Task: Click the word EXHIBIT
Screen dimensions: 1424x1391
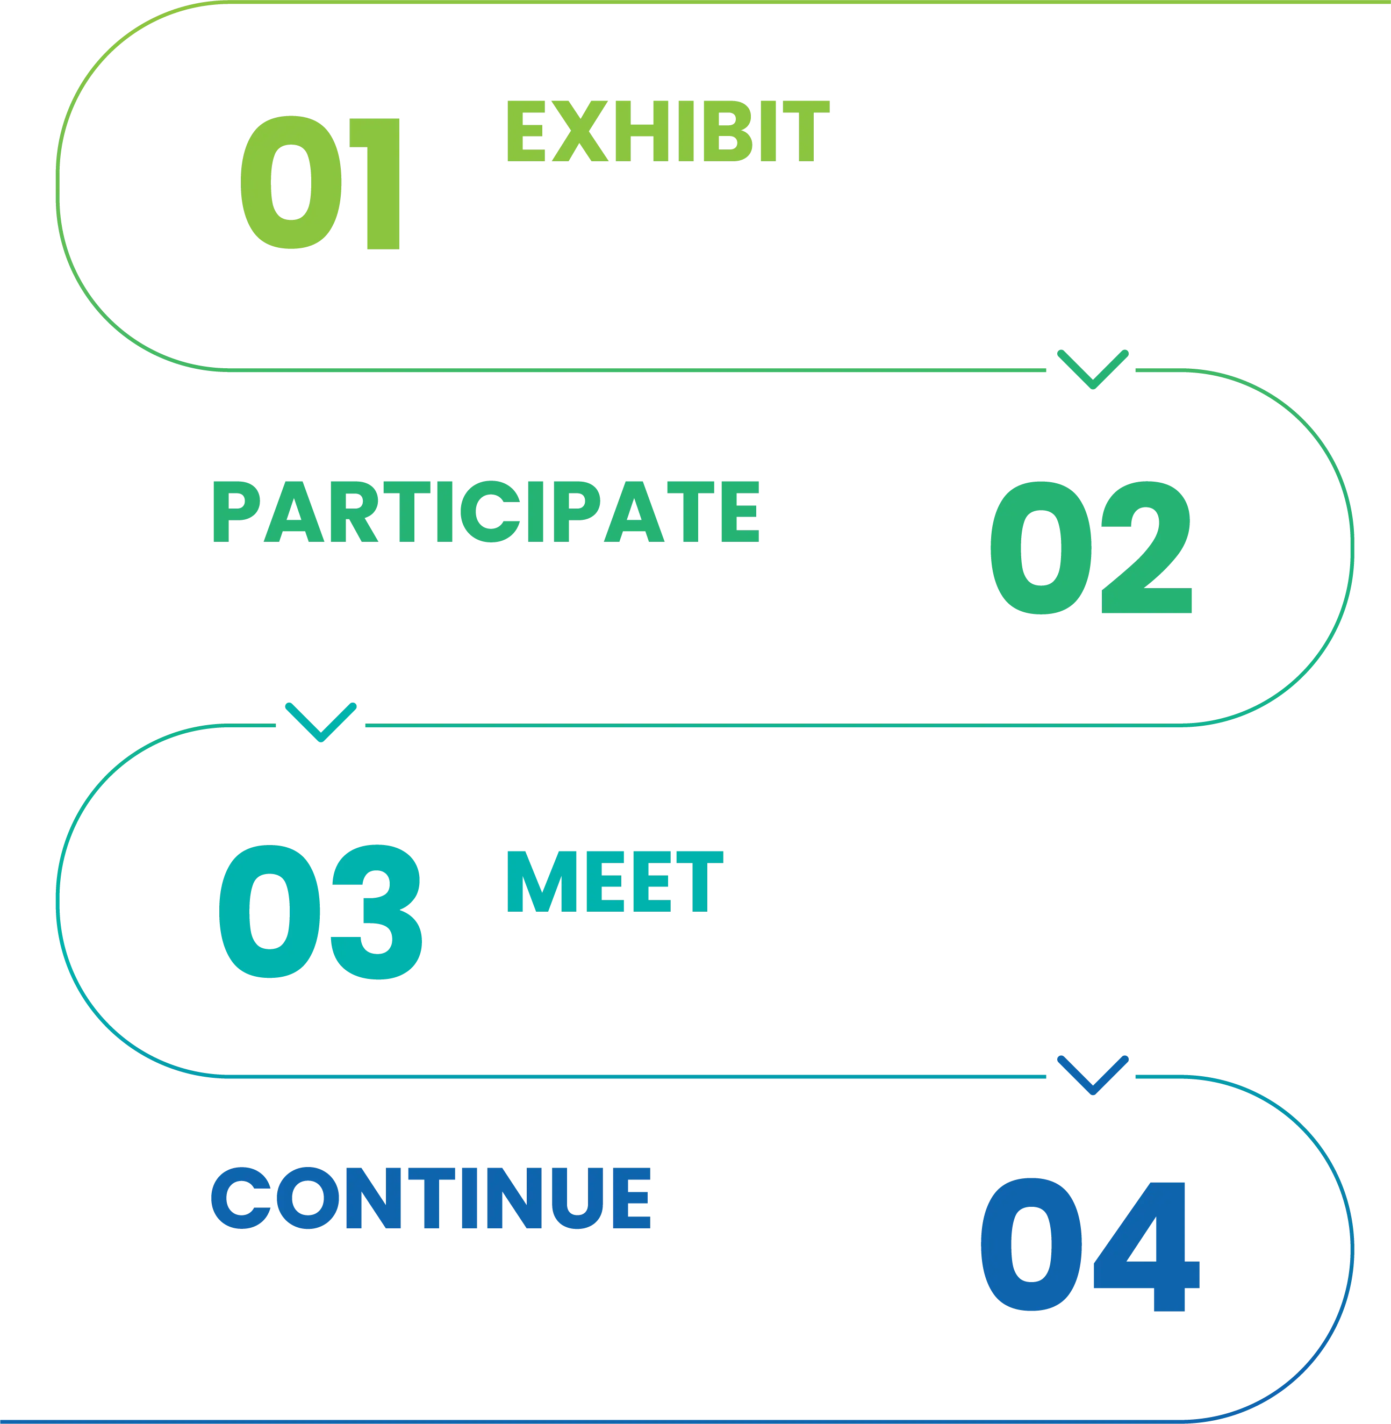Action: (667, 132)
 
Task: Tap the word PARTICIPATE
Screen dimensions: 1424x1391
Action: (486, 511)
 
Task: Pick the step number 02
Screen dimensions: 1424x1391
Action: (1092, 547)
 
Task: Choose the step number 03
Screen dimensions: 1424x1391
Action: (321, 911)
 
